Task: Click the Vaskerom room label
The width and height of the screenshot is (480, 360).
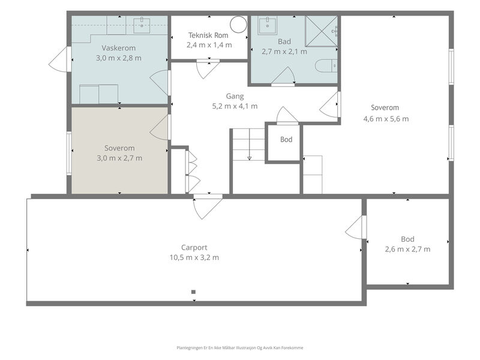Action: point(118,48)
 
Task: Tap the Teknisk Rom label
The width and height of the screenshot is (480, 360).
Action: point(208,35)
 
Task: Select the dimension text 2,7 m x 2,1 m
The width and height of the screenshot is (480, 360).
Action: point(284,52)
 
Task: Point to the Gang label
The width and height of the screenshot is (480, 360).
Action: point(235,96)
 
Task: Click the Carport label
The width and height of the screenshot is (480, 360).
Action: point(194,247)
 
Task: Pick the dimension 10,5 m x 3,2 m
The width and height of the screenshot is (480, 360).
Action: point(194,257)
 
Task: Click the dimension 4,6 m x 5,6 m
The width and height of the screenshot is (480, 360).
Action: point(386,119)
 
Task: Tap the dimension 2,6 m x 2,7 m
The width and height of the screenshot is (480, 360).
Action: point(407,249)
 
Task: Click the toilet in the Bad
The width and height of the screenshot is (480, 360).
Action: point(326,66)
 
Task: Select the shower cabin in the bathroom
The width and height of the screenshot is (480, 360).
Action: point(322,31)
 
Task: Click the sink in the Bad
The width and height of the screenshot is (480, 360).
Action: point(267,26)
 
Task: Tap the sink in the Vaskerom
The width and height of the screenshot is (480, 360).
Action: point(142,25)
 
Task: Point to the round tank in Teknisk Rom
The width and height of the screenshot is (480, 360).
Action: point(238,25)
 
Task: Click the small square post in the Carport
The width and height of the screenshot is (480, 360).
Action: point(193,292)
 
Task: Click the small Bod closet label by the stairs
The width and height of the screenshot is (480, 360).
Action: point(286,140)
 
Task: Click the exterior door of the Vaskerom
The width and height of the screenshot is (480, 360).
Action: point(60,59)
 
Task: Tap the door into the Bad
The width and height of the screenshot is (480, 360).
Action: point(283,77)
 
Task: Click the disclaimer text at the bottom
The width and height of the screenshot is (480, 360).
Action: point(239,348)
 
